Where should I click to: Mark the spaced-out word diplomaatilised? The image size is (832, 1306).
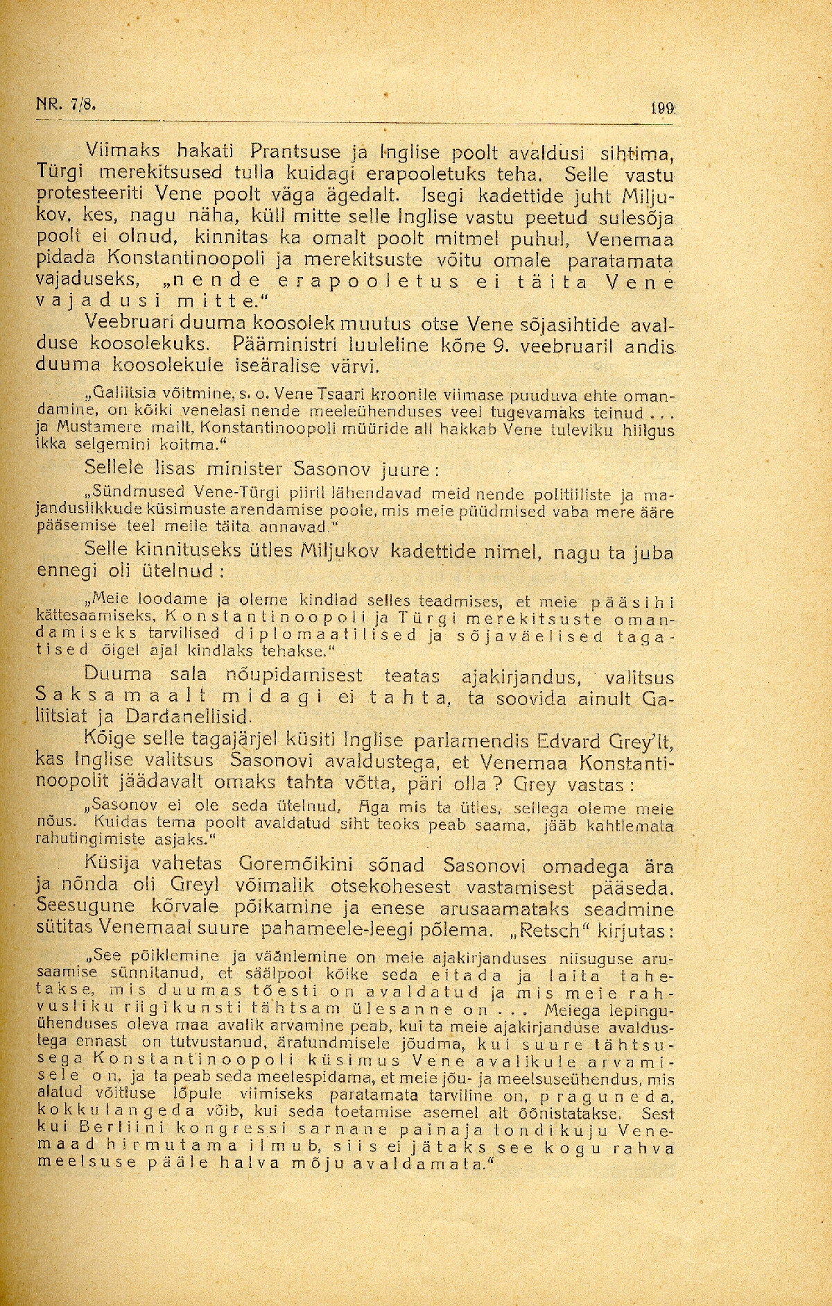(327, 634)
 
